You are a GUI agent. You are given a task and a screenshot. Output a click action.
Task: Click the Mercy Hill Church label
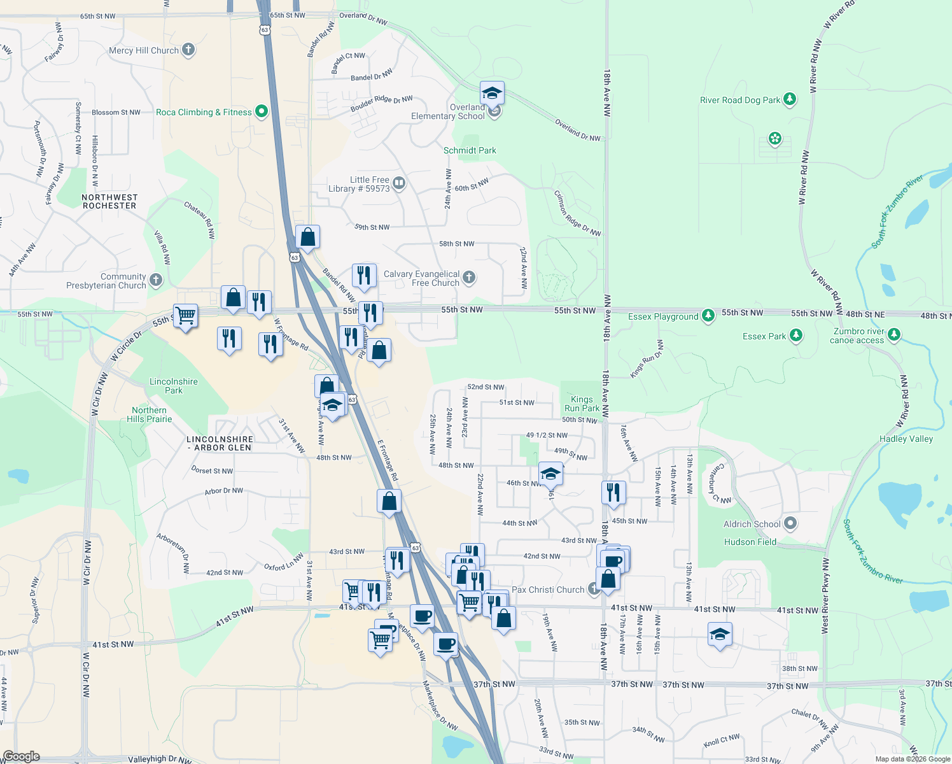[x=144, y=50]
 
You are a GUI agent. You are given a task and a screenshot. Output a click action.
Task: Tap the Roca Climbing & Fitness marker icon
[x=261, y=112]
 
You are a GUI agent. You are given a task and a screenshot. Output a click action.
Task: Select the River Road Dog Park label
[x=739, y=100]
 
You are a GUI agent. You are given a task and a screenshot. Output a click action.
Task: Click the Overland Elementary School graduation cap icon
[x=492, y=94]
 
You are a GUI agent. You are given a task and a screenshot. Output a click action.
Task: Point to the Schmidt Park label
[x=470, y=150]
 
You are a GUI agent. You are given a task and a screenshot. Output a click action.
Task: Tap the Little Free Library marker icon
[x=399, y=183]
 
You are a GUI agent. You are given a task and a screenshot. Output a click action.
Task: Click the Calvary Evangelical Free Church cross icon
[x=469, y=277]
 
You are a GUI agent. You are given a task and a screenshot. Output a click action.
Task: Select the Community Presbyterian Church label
[x=106, y=281]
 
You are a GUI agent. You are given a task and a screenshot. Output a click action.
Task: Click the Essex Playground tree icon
[x=708, y=316]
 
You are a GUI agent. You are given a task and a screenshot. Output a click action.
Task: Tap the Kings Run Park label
[x=582, y=404]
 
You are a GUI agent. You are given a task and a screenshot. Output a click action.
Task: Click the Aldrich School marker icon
[x=790, y=523]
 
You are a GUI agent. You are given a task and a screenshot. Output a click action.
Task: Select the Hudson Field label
[x=750, y=542]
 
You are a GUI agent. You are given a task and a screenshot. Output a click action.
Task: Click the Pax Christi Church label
[x=548, y=590]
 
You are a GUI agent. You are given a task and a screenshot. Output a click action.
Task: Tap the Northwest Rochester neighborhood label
[x=109, y=201]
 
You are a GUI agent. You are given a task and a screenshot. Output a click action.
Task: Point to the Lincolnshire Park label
[x=173, y=386]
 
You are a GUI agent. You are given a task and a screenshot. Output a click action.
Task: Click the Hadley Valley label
[x=906, y=439]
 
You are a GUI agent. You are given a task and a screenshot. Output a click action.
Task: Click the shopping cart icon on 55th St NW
[x=185, y=315]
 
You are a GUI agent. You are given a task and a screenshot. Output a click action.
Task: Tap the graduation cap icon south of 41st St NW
[x=720, y=634]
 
